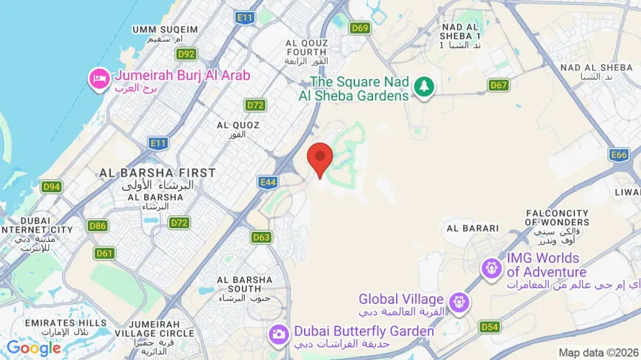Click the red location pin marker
click(x=320, y=158)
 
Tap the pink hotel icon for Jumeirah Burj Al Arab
click(x=98, y=79)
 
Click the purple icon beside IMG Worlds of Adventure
click(x=493, y=267)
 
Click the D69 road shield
click(x=360, y=28)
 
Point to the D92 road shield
click(x=187, y=54)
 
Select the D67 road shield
click(x=498, y=85)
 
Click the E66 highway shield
click(x=619, y=155)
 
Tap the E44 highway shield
click(x=268, y=182)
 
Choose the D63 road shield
click(x=261, y=237)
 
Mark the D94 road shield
click(x=50, y=187)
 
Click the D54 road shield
click(x=489, y=327)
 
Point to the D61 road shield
click(x=104, y=253)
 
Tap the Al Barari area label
click(x=472, y=228)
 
